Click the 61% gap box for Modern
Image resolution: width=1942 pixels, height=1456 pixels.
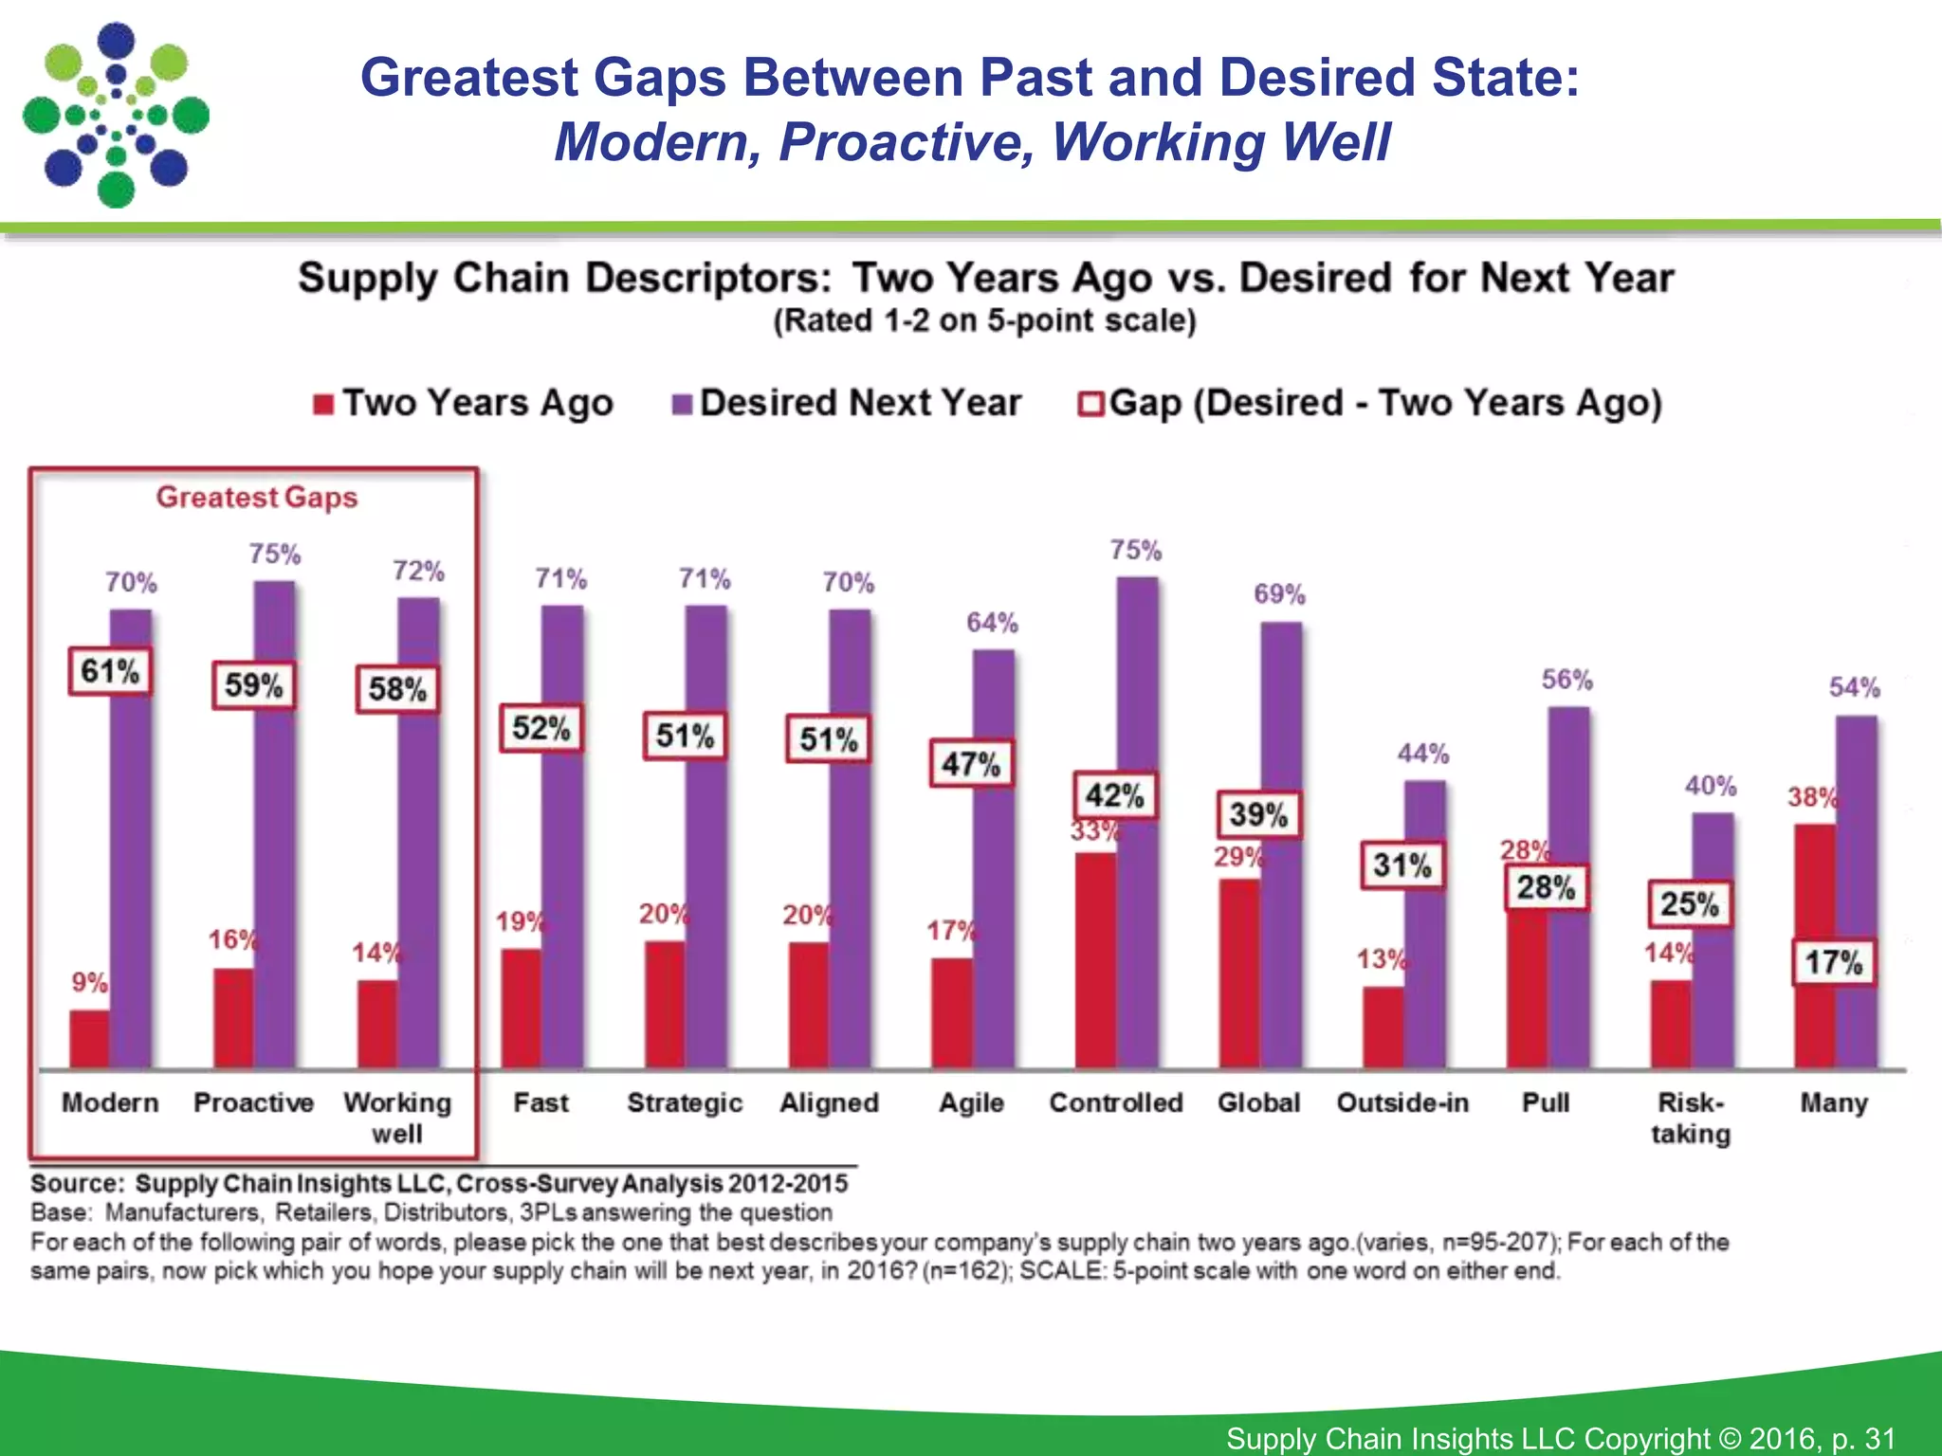pyautogui.click(x=110, y=672)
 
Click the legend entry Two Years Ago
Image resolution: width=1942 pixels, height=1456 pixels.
pyautogui.click(x=465, y=403)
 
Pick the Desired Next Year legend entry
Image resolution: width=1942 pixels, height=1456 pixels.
pyautogui.click(x=847, y=403)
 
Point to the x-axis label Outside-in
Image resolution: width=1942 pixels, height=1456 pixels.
pyautogui.click(x=1402, y=1102)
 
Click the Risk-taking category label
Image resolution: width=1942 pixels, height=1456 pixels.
pyautogui.click(x=1691, y=1118)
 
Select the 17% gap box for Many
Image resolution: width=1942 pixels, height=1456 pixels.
pyautogui.click(x=1833, y=963)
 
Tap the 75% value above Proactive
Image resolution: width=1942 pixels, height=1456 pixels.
pyautogui.click(x=275, y=554)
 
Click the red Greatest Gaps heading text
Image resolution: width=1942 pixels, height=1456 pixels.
pyautogui.click(x=257, y=497)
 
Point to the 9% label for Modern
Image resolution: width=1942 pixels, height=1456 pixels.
pyautogui.click(x=89, y=982)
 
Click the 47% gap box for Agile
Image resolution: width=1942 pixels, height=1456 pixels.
pyautogui.click(x=971, y=764)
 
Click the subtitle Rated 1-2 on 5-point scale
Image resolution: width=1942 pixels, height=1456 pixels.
pyautogui.click(x=984, y=320)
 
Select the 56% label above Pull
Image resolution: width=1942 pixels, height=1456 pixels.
pyautogui.click(x=1566, y=680)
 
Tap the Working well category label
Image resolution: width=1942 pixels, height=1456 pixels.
pyautogui.click(x=397, y=1118)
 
